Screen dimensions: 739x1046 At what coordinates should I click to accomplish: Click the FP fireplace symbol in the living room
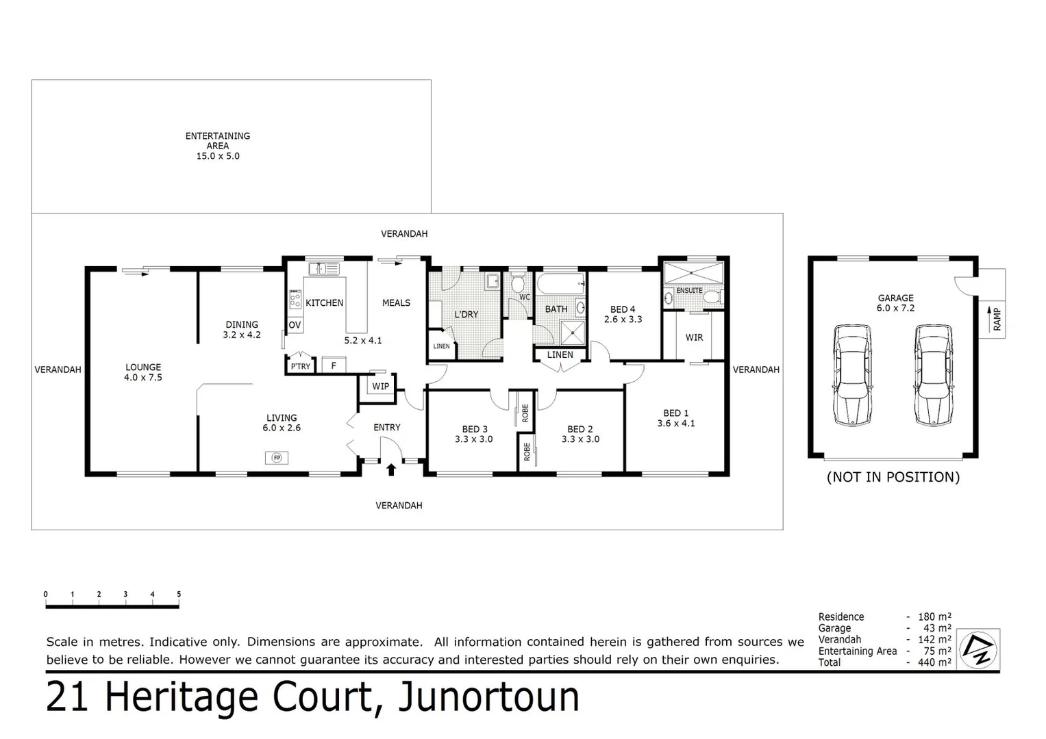277,458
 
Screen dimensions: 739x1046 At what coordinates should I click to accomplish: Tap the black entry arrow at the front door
391,469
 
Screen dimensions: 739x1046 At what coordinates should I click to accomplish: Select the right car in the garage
934,375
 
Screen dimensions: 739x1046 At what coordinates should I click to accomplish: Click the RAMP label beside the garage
997,320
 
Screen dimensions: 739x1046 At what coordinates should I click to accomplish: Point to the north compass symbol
979,649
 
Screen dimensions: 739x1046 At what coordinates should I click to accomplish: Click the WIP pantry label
381,387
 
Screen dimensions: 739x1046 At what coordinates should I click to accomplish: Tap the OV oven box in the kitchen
295,325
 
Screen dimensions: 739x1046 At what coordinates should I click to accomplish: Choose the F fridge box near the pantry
334,365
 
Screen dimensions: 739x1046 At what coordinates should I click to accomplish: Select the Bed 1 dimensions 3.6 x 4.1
676,424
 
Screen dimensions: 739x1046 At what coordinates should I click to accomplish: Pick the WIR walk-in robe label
694,337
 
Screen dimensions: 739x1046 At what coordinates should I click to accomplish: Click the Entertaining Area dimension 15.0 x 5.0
218,156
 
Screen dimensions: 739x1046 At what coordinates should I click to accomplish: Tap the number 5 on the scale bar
179,595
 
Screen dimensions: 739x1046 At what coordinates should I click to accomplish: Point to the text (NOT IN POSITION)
893,477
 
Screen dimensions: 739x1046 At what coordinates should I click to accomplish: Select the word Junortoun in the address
488,697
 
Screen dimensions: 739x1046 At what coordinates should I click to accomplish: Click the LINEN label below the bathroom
560,354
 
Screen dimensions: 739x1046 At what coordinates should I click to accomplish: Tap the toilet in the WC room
518,283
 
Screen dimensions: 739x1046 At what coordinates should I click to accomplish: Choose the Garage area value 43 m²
937,628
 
